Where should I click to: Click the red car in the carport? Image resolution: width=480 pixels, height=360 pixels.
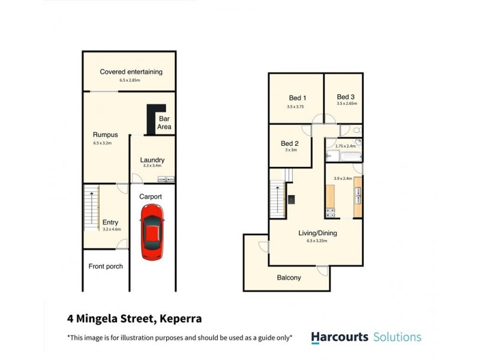[x=152, y=232]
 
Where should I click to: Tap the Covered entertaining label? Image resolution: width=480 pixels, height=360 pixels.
[x=131, y=72]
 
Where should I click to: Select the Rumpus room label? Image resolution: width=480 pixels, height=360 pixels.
[x=105, y=135]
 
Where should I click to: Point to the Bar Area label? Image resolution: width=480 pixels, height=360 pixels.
[x=164, y=123]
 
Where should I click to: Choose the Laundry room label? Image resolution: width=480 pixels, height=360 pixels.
[x=152, y=160]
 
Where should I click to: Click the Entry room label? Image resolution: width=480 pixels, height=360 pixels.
[x=110, y=222]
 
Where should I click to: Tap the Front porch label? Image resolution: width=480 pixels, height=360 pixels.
[x=106, y=266]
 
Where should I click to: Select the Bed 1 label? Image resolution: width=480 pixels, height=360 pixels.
[x=298, y=98]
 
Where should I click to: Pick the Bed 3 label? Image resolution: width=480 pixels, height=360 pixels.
[x=346, y=97]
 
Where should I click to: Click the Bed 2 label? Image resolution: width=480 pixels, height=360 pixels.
[x=290, y=143]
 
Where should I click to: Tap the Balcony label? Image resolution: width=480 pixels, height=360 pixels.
[x=289, y=278]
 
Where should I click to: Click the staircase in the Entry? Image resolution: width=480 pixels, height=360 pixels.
[x=90, y=208]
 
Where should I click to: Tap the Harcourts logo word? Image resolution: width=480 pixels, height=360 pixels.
[x=340, y=337]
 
